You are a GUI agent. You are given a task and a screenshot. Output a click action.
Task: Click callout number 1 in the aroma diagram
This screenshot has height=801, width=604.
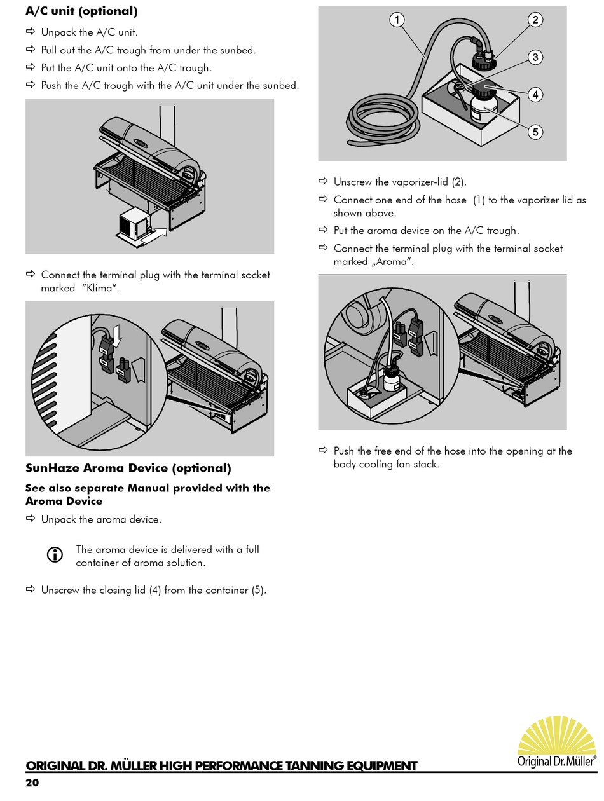pos(397,20)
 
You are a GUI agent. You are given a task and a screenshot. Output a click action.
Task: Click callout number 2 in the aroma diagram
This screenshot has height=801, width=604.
pos(535,20)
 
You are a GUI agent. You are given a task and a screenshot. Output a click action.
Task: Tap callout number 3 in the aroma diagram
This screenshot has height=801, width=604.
pos(535,57)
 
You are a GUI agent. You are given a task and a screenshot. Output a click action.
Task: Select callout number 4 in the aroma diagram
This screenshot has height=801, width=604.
pos(535,95)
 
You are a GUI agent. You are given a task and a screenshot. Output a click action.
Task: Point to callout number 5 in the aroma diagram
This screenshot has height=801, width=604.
pos(535,132)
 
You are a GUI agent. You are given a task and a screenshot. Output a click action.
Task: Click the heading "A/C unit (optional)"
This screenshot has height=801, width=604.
pos(81,11)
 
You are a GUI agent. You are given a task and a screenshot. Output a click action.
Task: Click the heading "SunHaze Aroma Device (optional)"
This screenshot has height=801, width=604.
pos(128,469)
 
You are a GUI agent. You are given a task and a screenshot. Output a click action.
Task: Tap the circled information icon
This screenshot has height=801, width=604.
pos(55,555)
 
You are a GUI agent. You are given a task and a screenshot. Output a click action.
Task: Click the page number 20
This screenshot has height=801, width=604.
pos(32,783)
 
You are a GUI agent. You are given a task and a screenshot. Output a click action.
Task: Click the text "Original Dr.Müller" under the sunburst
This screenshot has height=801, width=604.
pos(557,761)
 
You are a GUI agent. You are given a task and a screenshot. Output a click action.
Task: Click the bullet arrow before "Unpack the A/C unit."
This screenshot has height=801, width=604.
pos(31,32)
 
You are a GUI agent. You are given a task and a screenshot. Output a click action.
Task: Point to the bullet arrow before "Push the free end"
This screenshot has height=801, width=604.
pos(323,451)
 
